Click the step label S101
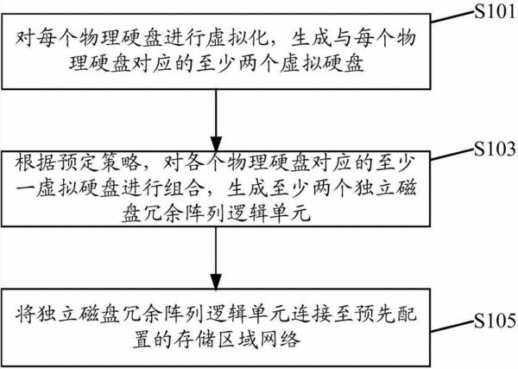coord(495,12)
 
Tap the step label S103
coord(495,150)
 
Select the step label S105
coord(495,321)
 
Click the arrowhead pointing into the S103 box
coord(216,143)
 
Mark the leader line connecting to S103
coord(452,155)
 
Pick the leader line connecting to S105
coord(452,327)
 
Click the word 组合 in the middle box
coord(180,189)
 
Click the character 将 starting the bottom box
coord(24,313)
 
